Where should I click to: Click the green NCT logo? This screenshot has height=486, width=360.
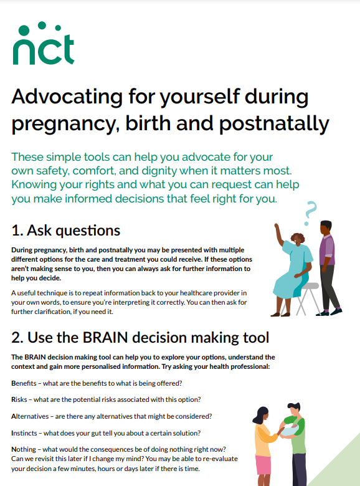click(x=43, y=45)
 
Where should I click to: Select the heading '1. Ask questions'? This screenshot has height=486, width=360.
click(x=66, y=230)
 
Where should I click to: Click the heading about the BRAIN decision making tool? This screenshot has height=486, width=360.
click(x=140, y=338)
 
